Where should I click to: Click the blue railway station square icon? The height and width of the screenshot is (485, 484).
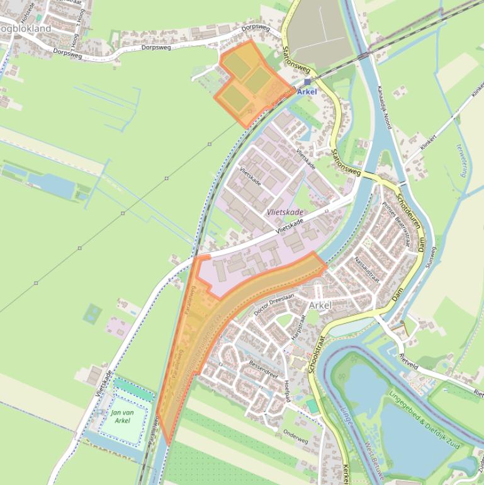tap(307, 82)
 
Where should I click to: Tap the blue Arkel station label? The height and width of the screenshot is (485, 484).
tap(307, 92)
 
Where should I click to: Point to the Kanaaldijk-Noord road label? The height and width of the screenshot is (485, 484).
tap(384, 107)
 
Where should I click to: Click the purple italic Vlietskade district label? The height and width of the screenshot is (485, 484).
tap(284, 213)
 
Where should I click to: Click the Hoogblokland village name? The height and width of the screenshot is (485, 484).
tap(25, 29)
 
